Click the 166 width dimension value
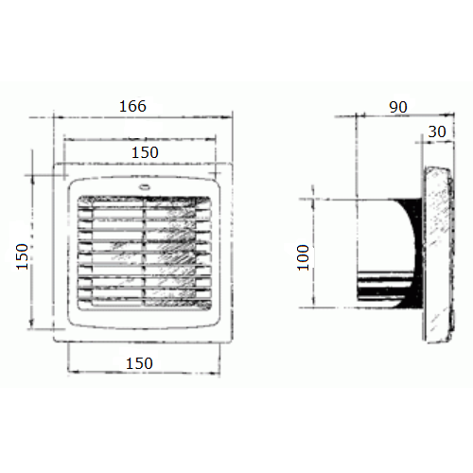point(132,106)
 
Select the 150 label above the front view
point(145,152)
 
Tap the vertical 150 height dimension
point(22,256)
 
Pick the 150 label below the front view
point(139,363)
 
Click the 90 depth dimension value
point(398,107)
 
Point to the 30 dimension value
point(437,131)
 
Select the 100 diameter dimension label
point(303,257)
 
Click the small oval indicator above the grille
point(145,187)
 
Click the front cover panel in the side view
point(438,254)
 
